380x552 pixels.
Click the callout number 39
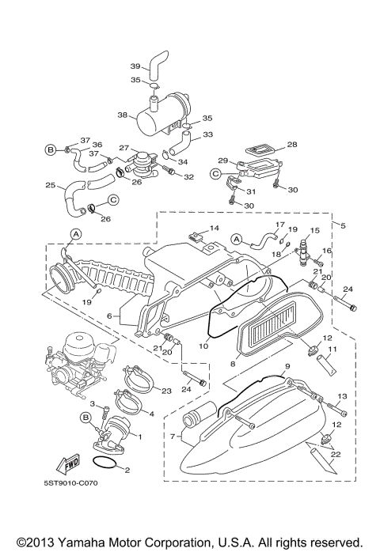(x=135, y=66)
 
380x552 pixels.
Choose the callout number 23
(x=166, y=390)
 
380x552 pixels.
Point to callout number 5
(x=343, y=225)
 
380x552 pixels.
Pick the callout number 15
(x=314, y=230)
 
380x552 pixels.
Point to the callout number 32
(x=188, y=177)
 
